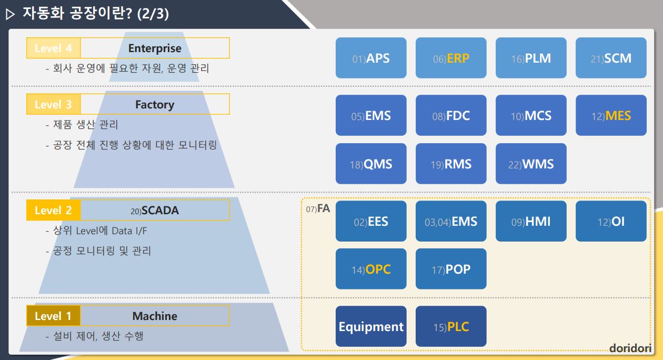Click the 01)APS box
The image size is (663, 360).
click(x=371, y=58)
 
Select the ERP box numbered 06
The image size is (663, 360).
click(x=451, y=58)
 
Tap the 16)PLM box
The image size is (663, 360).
click(x=531, y=58)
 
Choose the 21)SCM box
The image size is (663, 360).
click(x=611, y=58)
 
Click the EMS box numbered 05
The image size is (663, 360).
click(x=371, y=115)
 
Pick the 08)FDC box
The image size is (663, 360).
click(x=451, y=115)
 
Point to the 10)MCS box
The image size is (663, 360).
click(x=531, y=115)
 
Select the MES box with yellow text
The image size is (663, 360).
click(x=611, y=115)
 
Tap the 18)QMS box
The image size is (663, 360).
click(x=371, y=164)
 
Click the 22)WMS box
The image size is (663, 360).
click(x=531, y=164)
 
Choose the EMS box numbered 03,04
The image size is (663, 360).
click(x=451, y=221)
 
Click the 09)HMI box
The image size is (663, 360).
click(x=531, y=221)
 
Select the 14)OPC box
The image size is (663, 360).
click(x=371, y=269)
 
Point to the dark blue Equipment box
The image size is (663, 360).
click(x=371, y=326)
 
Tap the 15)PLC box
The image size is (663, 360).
click(x=451, y=326)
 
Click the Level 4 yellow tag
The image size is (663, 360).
click(x=53, y=48)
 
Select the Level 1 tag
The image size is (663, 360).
click(x=53, y=316)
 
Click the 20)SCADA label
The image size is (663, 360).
click(x=155, y=211)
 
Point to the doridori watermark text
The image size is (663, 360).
click(x=630, y=348)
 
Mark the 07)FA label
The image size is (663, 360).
click(x=318, y=208)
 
